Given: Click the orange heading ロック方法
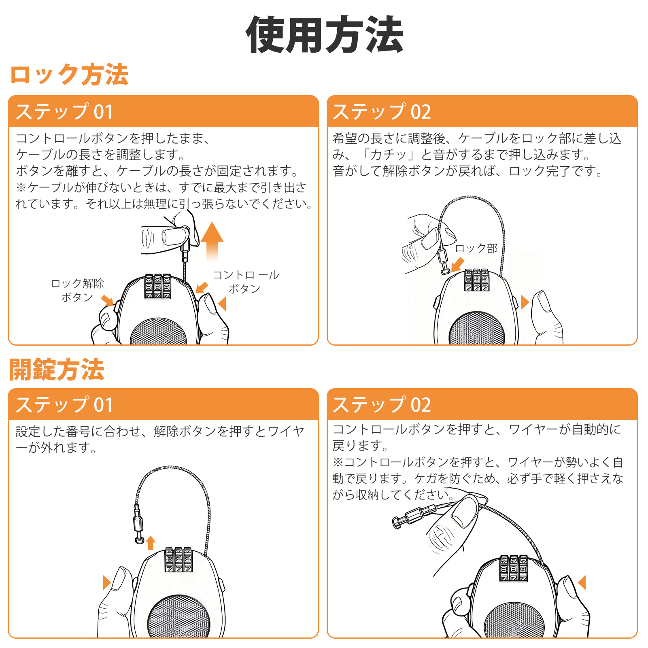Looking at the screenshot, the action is pyautogui.click(x=69, y=75).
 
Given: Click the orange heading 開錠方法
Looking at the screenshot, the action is pyautogui.click(x=57, y=370).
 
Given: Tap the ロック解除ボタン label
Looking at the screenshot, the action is pyautogui.click(x=77, y=290).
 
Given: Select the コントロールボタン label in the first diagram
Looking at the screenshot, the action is pyautogui.click(x=246, y=282).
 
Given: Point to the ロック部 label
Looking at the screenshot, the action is pyautogui.click(x=476, y=248).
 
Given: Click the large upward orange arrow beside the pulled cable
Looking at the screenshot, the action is pyautogui.click(x=212, y=241).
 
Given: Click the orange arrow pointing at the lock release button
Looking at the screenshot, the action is pyautogui.click(x=108, y=300).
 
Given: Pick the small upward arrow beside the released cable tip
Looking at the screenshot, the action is pyautogui.click(x=151, y=542).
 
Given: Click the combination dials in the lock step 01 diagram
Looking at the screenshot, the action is pyautogui.click(x=158, y=287).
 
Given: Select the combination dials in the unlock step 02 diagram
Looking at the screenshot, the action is pyautogui.click(x=514, y=568).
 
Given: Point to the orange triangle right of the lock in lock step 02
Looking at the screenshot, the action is pyautogui.click(x=525, y=302).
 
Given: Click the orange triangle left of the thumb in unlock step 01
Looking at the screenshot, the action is pyautogui.click(x=107, y=582).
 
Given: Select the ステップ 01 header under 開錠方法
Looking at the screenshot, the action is pyautogui.click(x=64, y=405).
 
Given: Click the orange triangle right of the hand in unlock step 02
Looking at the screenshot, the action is pyautogui.click(x=582, y=583).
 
